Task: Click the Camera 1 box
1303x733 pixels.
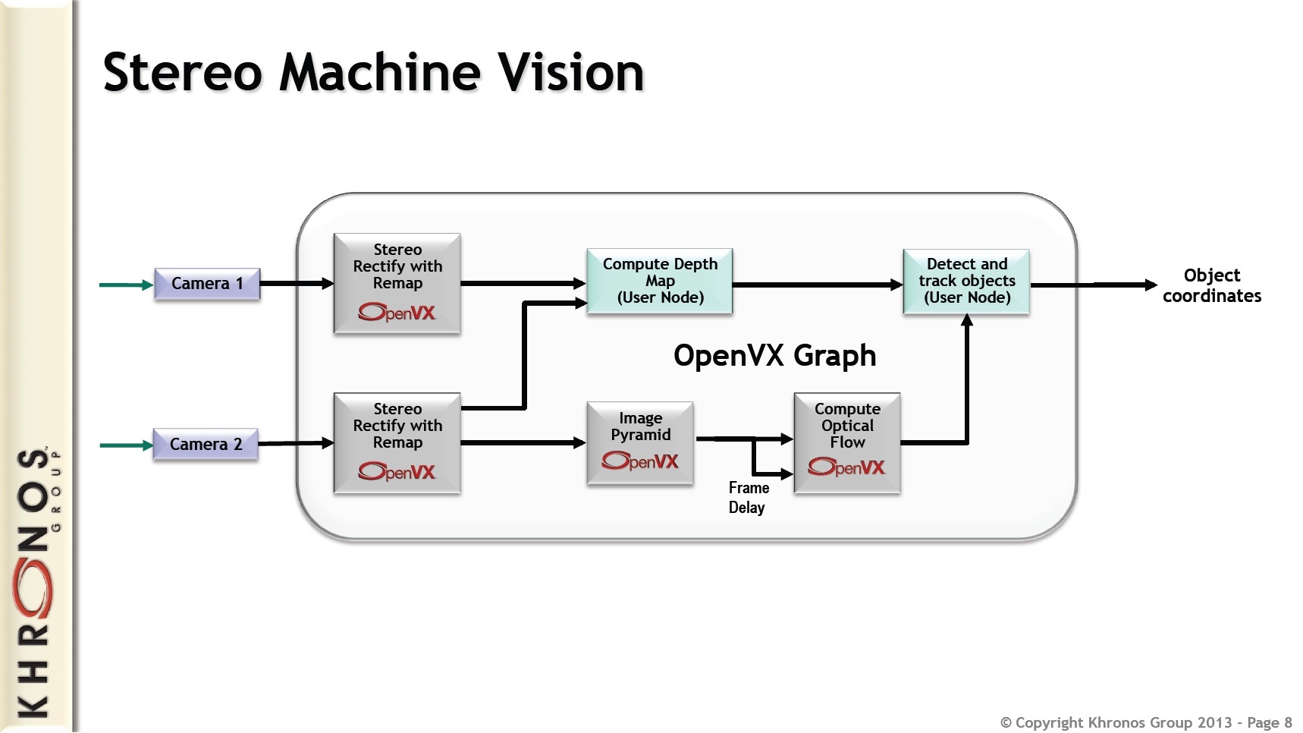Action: tap(206, 284)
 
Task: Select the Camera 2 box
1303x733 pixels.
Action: tap(205, 444)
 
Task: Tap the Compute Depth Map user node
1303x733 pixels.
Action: tap(659, 281)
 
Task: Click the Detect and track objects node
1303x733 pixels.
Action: tap(965, 281)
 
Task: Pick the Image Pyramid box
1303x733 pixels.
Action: tap(639, 442)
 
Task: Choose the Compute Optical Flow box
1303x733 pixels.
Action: tap(846, 442)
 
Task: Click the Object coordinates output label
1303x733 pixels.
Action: tap(1211, 285)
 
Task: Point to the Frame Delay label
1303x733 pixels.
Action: tap(748, 498)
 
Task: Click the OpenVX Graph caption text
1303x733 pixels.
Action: tap(774, 355)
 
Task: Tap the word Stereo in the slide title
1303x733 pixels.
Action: tap(182, 73)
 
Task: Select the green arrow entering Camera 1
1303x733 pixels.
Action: tap(126, 285)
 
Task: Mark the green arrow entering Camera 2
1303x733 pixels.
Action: tap(126, 445)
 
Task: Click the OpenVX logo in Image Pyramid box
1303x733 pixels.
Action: tap(639, 461)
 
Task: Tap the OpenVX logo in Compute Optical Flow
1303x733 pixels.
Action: tap(846, 467)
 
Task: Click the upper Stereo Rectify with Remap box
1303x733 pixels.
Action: tap(397, 283)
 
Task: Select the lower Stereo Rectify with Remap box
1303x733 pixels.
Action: tap(397, 442)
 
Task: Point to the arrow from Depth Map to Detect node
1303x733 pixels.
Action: tap(817, 285)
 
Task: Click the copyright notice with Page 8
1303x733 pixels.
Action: tap(1145, 722)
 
